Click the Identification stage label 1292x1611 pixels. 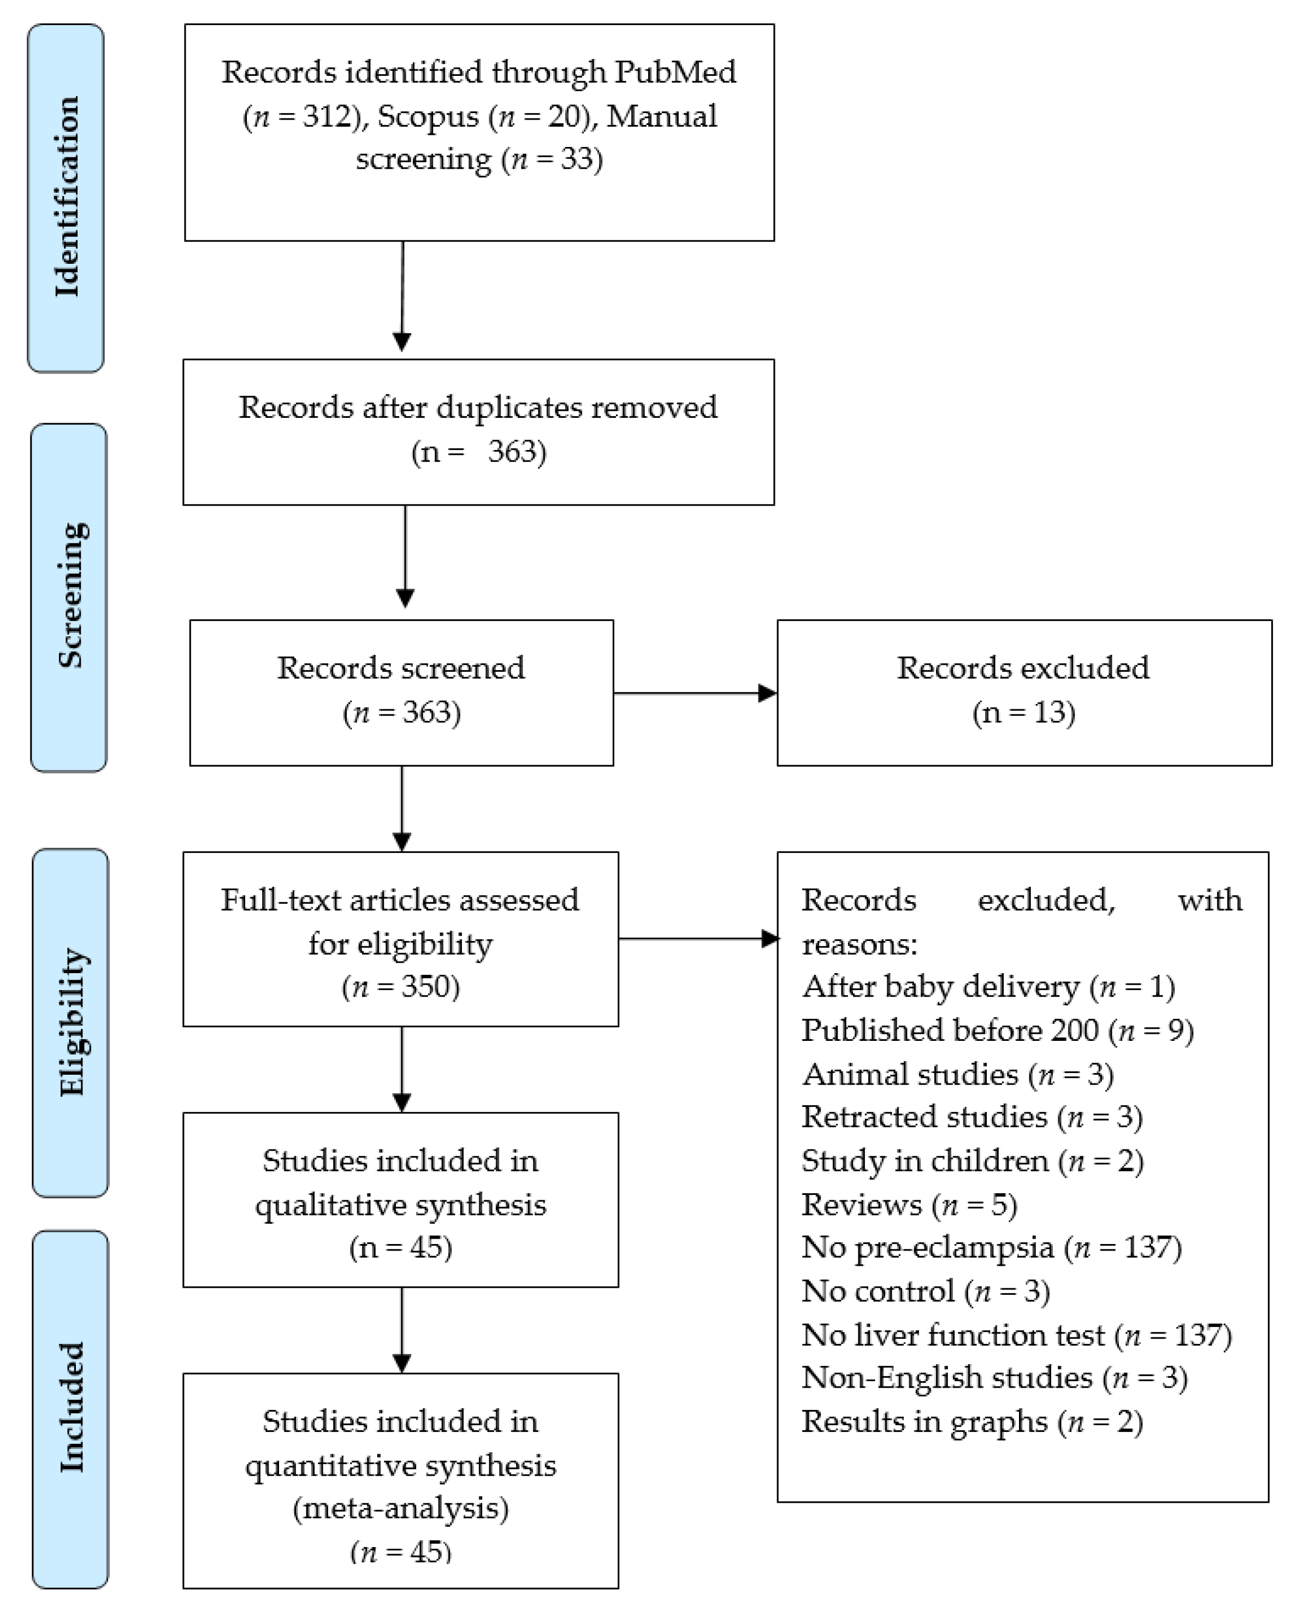(x=67, y=197)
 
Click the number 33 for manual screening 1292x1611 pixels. (x=576, y=159)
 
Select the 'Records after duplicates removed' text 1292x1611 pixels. (x=478, y=408)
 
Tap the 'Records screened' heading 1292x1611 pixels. (x=401, y=668)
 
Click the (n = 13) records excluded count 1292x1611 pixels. (x=1024, y=712)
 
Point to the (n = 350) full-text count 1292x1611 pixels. (x=401, y=987)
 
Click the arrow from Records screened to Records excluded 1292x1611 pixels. (x=695, y=694)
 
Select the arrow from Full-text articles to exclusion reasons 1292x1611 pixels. (x=698, y=939)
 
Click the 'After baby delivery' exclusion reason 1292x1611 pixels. (x=988, y=987)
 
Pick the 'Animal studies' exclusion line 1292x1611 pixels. (x=958, y=1075)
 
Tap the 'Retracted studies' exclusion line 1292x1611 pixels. (x=972, y=1117)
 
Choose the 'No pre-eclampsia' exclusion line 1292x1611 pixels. (x=992, y=1247)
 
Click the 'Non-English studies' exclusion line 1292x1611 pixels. (x=994, y=1378)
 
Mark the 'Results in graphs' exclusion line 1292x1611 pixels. (x=972, y=1422)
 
